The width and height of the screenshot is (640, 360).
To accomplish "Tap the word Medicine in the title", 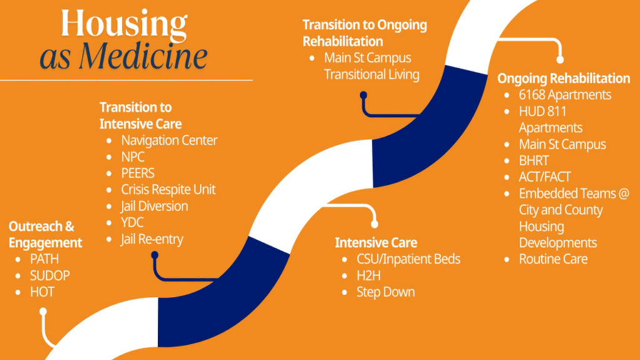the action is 143,56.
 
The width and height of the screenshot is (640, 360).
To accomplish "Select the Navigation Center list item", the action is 169,141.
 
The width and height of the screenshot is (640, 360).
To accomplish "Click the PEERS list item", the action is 137,173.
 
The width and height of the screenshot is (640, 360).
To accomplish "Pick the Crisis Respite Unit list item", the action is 168,189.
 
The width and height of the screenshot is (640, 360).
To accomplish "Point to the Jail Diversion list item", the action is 154,206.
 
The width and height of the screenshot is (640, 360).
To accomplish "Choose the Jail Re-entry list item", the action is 152,239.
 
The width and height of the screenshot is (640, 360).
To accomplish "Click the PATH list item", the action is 44,259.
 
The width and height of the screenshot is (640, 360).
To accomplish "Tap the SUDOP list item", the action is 50,276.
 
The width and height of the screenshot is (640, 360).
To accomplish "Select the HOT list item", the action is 42,292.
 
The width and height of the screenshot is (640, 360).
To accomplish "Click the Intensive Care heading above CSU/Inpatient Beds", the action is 376,242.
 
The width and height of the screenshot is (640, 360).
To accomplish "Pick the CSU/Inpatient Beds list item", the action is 408,259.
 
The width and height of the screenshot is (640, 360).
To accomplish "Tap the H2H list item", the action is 369,276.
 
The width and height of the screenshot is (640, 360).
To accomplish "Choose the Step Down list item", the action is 386,292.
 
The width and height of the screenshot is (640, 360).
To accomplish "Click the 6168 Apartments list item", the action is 565,95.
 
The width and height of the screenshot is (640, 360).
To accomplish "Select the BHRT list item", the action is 534,161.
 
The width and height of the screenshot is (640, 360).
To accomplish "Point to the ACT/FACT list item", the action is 544,177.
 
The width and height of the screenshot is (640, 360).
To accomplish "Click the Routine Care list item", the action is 553,259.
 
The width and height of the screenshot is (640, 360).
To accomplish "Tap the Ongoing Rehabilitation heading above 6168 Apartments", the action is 564,78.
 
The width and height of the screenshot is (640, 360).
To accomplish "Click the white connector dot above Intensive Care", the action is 374,224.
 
